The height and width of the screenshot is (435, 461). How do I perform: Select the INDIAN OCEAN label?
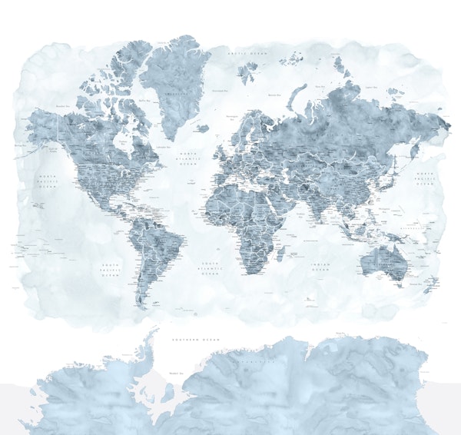pyautogui.click(x=319, y=267)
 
